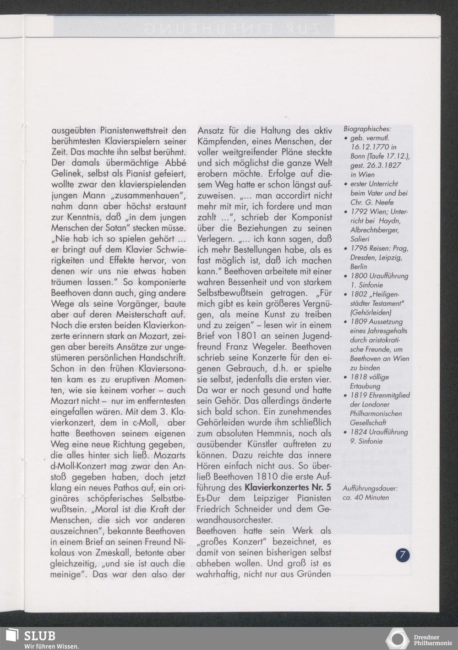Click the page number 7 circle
click(x=402, y=555)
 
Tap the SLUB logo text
click(x=39, y=635)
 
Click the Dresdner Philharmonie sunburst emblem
click(x=398, y=639)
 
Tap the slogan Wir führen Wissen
click(x=52, y=646)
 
